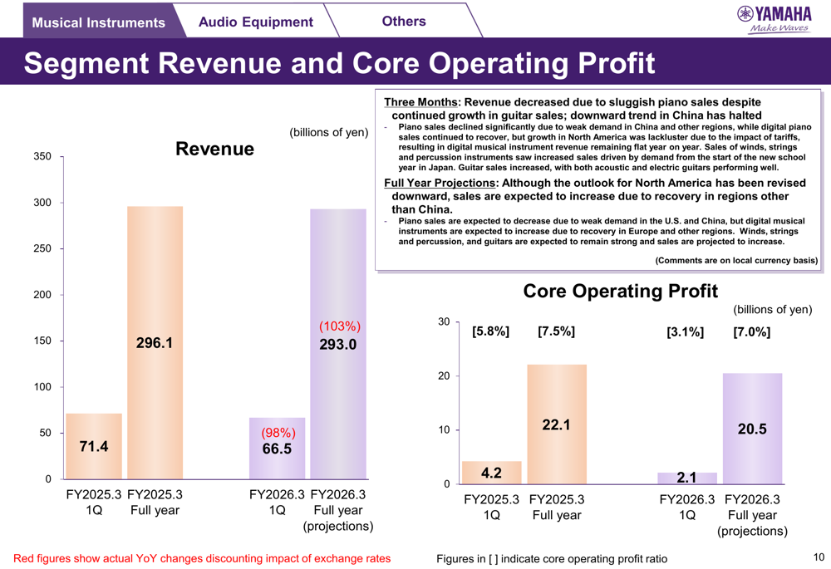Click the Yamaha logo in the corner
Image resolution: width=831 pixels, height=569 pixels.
tap(774, 19)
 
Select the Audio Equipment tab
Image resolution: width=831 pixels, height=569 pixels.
tap(255, 22)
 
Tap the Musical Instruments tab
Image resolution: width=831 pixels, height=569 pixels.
tap(98, 22)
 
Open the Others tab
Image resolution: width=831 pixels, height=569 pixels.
tap(404, 21)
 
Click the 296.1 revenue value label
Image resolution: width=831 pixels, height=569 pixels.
tap(155, 342)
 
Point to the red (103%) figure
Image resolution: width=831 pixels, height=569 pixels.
tap(339, 326)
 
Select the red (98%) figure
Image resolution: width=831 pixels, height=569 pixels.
tap(278, 433)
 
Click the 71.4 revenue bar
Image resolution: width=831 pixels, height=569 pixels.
tap(94, 446)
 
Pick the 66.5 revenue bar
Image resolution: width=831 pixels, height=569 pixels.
tap(277, 449)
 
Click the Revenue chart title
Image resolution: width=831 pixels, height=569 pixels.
tap(214, 149)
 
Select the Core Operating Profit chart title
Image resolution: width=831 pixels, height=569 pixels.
tap(620, 291)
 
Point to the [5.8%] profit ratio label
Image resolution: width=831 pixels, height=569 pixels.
tap(490, 331)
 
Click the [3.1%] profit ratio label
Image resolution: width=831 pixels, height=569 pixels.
tap(685, 332)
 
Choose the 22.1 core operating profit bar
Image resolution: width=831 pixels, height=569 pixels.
tap(557, 424)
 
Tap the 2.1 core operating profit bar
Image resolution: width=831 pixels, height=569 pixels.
tap(686, 478)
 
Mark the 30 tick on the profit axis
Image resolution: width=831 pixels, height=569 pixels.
tap(444, 321)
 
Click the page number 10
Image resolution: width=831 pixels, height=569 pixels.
tap(818, 557)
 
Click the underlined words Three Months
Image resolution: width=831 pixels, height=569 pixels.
tap(420, 102)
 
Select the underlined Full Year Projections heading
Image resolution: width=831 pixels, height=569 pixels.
tap(440, 184)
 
